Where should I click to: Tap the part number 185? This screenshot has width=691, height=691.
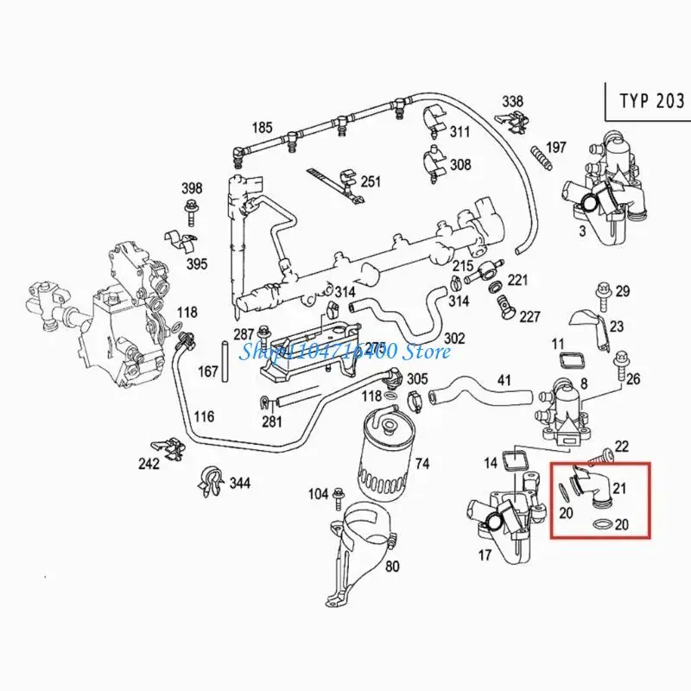tap(263, 128)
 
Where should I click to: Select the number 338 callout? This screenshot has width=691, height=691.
tap(512, 102)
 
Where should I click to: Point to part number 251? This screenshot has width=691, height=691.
tap(371, 181)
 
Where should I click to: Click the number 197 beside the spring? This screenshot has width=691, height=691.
tap(556, 148)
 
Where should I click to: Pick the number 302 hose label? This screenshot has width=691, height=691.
tap(454, 338)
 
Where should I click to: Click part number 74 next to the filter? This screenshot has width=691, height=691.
tap(422, 464)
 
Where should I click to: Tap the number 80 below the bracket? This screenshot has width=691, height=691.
tap(393, 567)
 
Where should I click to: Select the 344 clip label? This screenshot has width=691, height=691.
tap(239, 483)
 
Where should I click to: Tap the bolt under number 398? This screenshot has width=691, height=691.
tap(191, 208)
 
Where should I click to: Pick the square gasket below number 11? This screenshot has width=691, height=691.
tap(569, 360)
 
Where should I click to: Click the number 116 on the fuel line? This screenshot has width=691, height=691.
tap(204, 417)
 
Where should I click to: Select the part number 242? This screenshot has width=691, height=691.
tap(149, 464)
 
